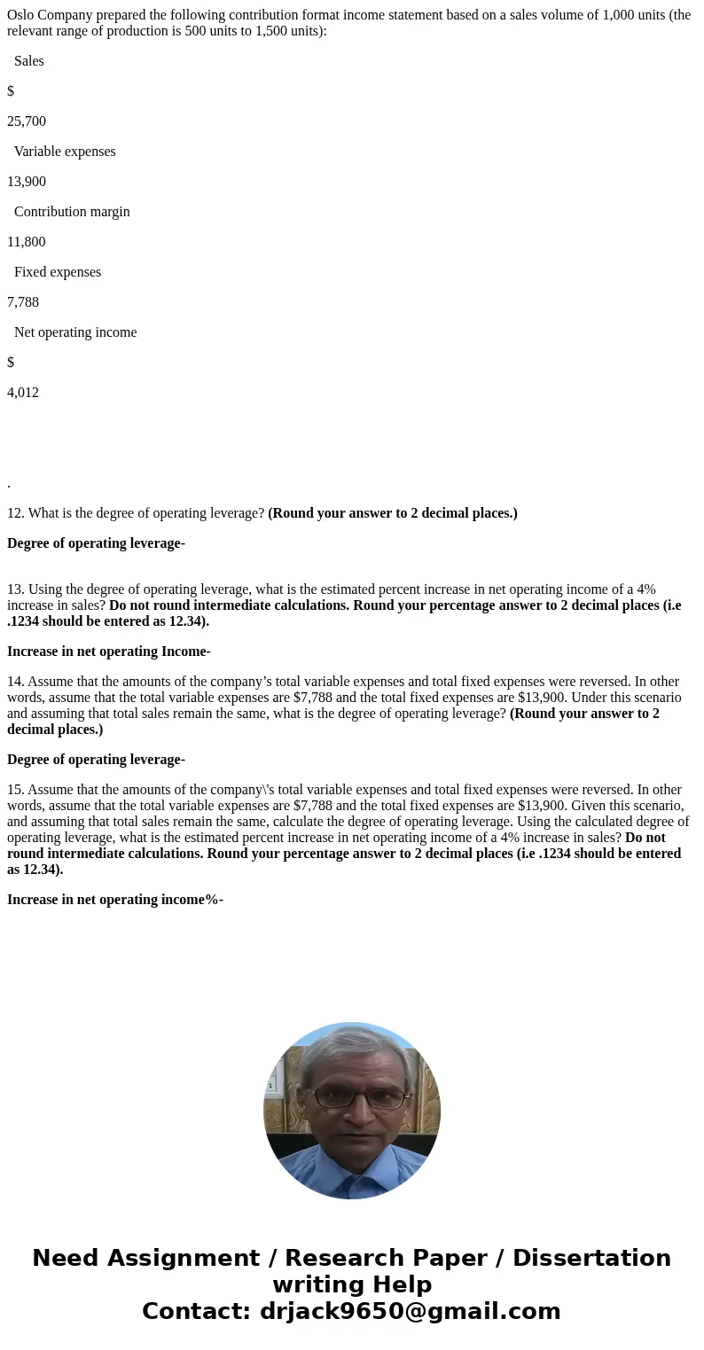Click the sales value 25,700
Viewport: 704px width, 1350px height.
[27, 121]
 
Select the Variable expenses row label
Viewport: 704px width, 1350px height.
[65, 152]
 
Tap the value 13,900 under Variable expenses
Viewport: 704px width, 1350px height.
[27, 182]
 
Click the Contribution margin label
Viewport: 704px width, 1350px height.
[72, 212]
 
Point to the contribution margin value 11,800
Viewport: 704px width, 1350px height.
[27, 242]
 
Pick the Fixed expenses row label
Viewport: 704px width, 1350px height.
[58, 272]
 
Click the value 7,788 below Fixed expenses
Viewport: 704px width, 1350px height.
[23, 302]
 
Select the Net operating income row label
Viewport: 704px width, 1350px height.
[75, 332]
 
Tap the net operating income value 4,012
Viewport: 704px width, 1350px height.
[23, 393]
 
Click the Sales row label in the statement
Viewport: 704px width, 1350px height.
[29, 61]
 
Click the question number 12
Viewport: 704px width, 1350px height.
[15, 513]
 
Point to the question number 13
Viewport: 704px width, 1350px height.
[15, 589]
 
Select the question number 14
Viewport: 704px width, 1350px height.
[15, 682]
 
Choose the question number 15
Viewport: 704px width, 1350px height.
[15, 790]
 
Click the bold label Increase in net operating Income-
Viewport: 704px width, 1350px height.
[109, 652]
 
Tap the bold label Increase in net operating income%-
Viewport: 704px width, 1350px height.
[115, 900]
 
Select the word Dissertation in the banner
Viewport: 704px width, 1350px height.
[591, 1258]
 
